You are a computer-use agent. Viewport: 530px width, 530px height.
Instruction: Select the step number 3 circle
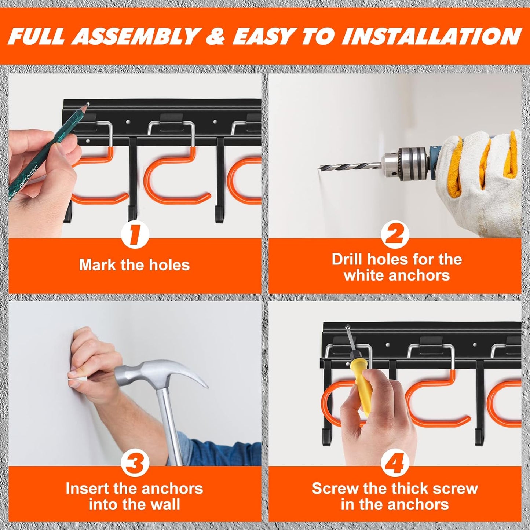pyautogui.click(x=135, y=463)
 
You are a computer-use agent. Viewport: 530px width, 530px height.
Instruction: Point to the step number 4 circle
pyautogui.click(x=395, y=463)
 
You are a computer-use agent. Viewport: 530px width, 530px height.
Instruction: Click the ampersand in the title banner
pyautogui.click(x=215, y=36)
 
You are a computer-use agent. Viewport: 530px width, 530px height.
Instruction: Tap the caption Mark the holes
pyautogui.click(x=135, y=265)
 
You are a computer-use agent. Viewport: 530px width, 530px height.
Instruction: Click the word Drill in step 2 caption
pyautogui.click(x=347, y=259)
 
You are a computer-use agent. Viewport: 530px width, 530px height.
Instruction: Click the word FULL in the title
pyautogui.click(x=36, y=36)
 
